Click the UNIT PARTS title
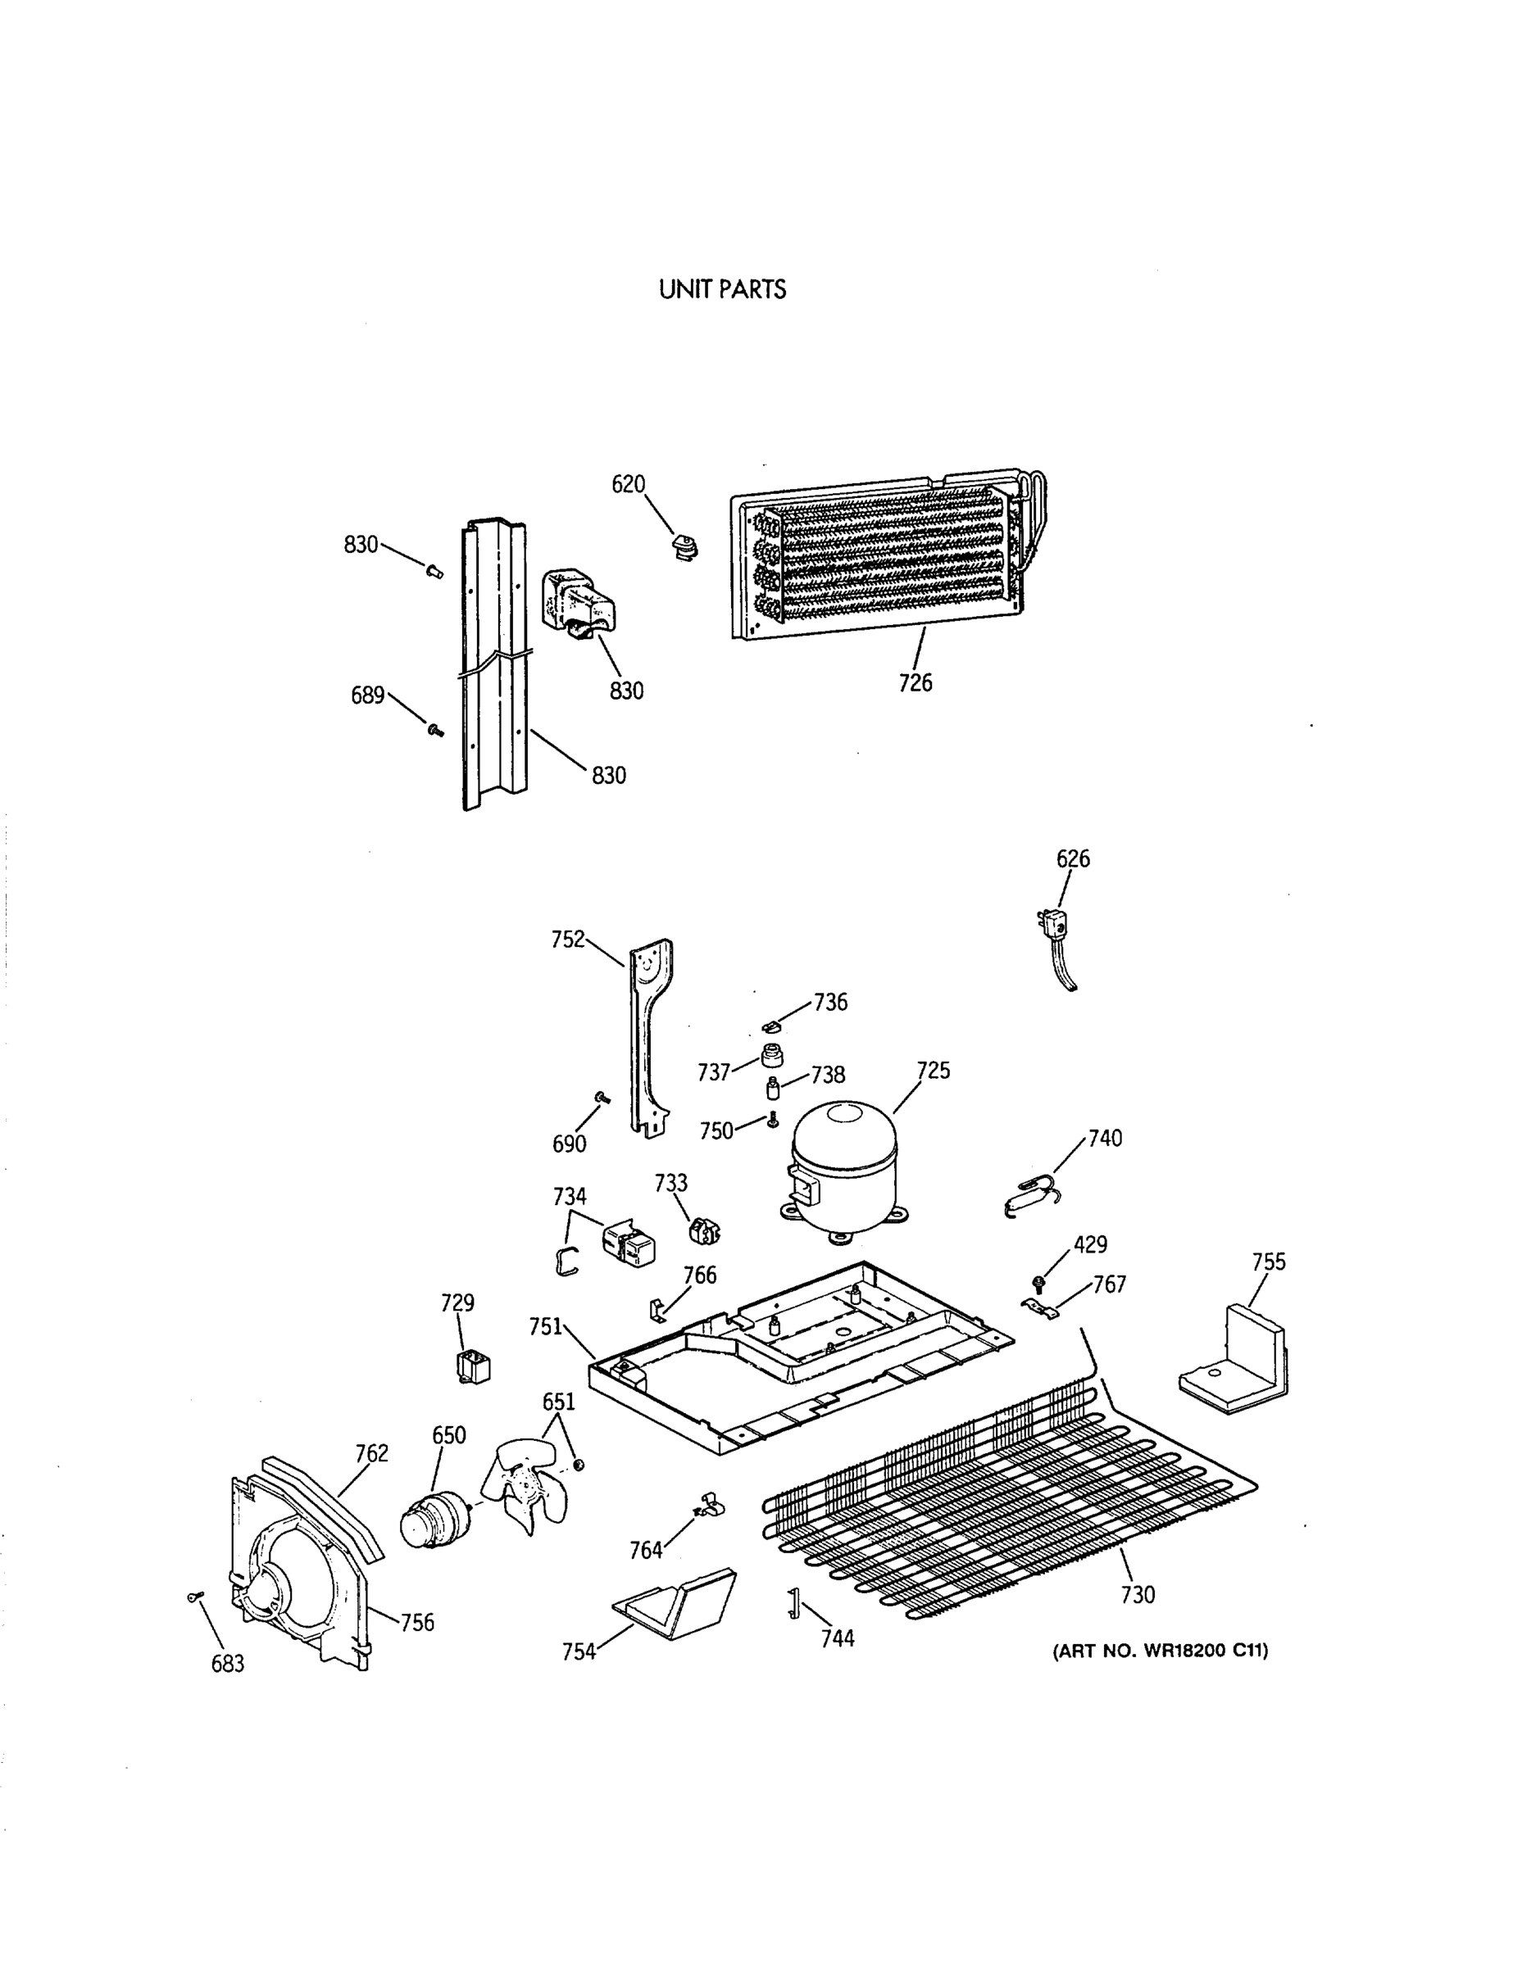(722, 290)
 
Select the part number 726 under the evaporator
(915, 683)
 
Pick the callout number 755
(1268, 1262)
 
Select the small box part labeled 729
(474, 1368)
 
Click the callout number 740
(1104, 1139)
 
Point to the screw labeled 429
(1039, 1280)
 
